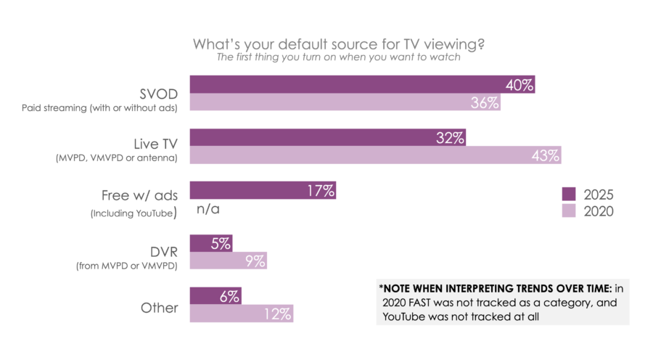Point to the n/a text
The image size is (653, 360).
208,209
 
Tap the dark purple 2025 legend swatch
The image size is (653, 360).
569,194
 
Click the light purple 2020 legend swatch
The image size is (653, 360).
569,211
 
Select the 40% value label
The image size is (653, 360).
519,85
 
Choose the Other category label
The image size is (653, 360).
159,307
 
